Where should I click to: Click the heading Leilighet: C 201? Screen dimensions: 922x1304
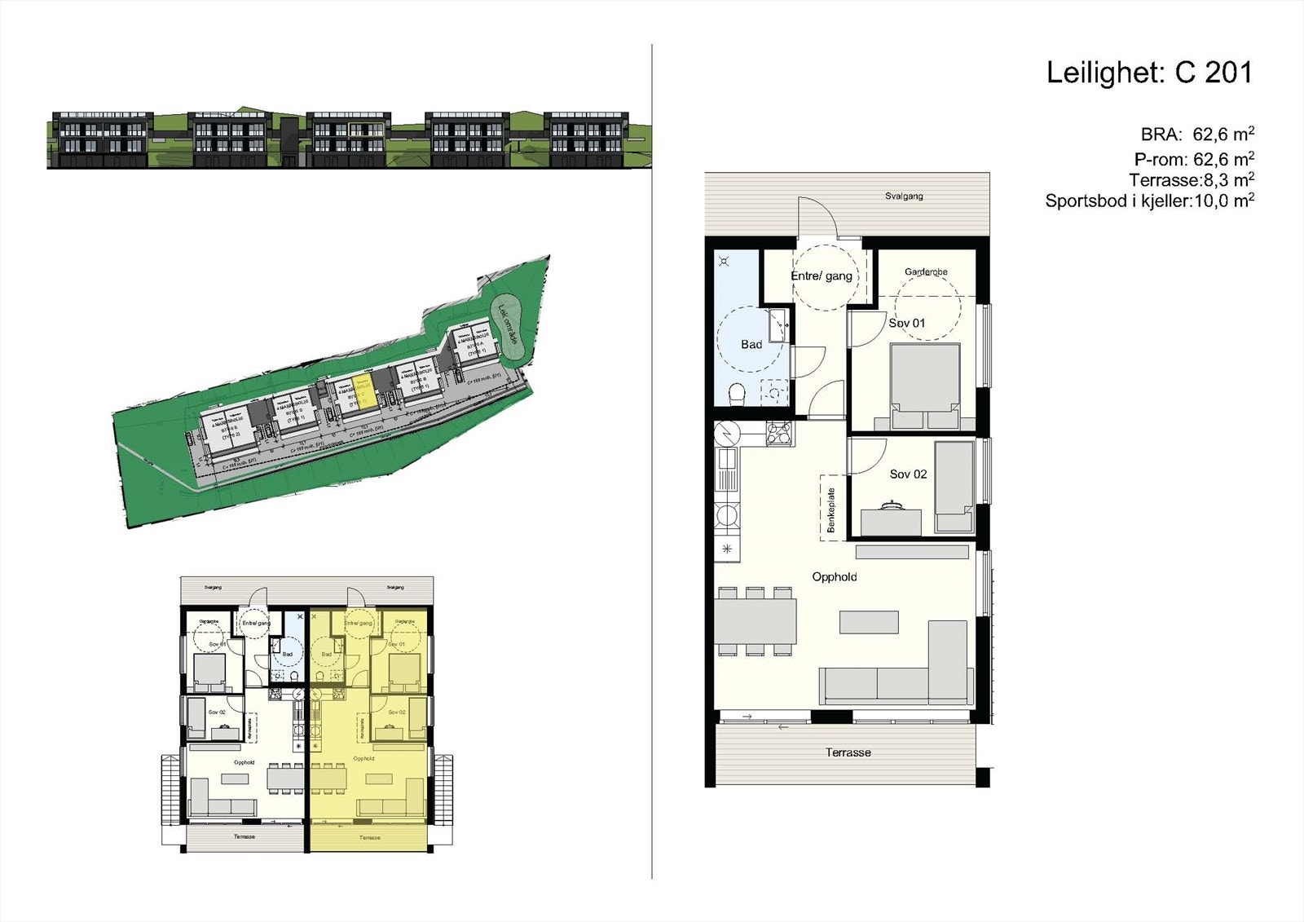point(1148,73)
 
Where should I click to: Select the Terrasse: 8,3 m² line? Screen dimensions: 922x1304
point(1191,180)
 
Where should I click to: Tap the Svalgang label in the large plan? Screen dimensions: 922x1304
point(904,196)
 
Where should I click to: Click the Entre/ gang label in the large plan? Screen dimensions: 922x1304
point(821,276)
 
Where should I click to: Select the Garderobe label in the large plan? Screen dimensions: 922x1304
point(926,271)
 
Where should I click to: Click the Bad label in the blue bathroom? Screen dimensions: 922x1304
point(751,345)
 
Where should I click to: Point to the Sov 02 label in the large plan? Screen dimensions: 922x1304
point(908,474)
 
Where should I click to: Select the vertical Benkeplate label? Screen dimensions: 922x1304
point(831,510)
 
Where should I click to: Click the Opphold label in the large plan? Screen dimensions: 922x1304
point(834,577)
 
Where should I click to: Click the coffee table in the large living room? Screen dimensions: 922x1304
point(869,623)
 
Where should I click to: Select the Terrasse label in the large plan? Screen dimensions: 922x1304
point(848,752)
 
